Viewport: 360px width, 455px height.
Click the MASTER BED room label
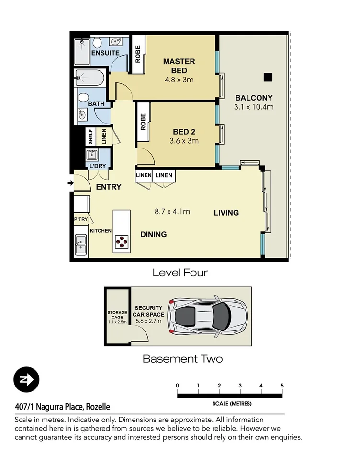(179, 66)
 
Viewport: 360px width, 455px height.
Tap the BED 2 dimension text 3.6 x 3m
(184, 141)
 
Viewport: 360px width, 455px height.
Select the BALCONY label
(254, 98)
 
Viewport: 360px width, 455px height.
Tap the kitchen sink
(80, 247)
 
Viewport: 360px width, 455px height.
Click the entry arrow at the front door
(71, 183)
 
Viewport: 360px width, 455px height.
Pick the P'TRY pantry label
(80, 220)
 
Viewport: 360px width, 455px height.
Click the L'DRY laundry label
(98, 166)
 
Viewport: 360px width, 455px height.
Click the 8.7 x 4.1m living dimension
(172, 211)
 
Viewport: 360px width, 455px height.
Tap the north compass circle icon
(26, 380)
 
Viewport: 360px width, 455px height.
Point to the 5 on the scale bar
(282, 386)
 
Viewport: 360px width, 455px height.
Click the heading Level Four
(180, 273)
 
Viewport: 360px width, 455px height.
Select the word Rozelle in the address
(98, 407)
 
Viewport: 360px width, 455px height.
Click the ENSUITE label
(105, 53)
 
